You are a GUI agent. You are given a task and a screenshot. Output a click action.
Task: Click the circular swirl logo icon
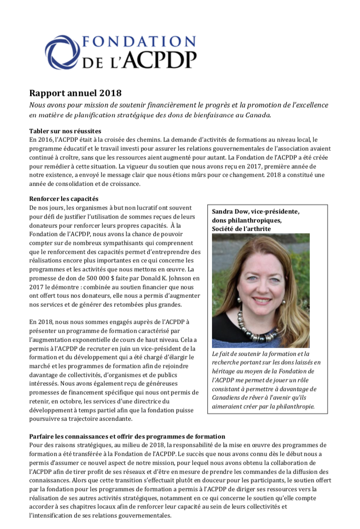(62, 52)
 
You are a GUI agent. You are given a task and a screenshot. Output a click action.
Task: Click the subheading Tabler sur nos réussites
(65, 131)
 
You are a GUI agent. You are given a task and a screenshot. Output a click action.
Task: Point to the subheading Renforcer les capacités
(64, 199)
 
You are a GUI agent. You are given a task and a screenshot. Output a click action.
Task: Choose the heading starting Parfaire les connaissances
(127, 436)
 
